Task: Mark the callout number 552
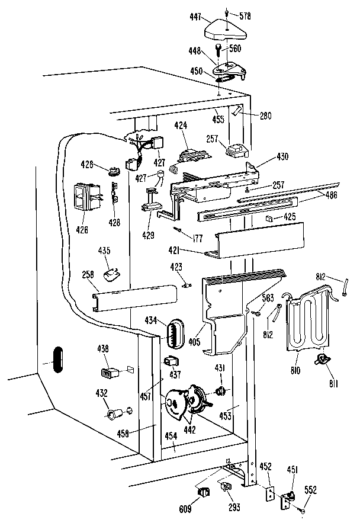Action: [311, 490]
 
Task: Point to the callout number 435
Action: [104, 251]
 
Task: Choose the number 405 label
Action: [194, 342]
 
